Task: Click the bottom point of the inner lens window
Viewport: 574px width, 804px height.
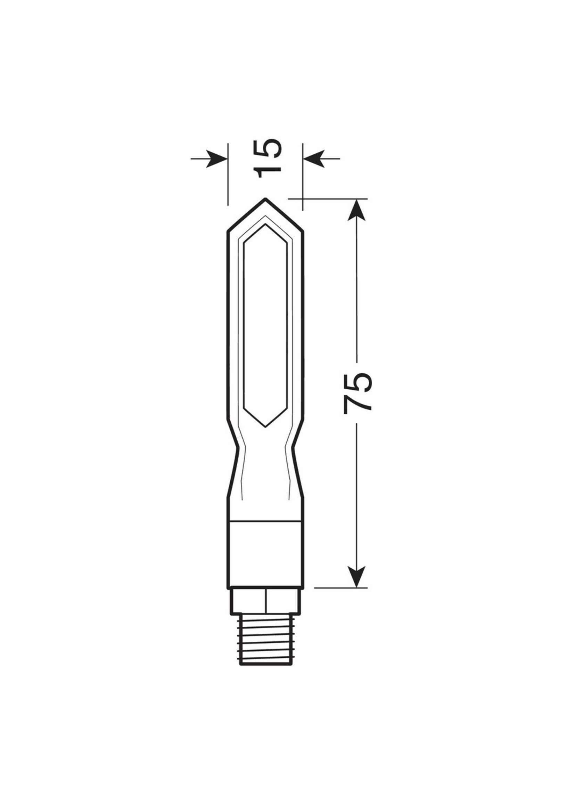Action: coord(265,427)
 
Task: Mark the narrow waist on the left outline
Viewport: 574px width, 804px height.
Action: coord(238,448)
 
